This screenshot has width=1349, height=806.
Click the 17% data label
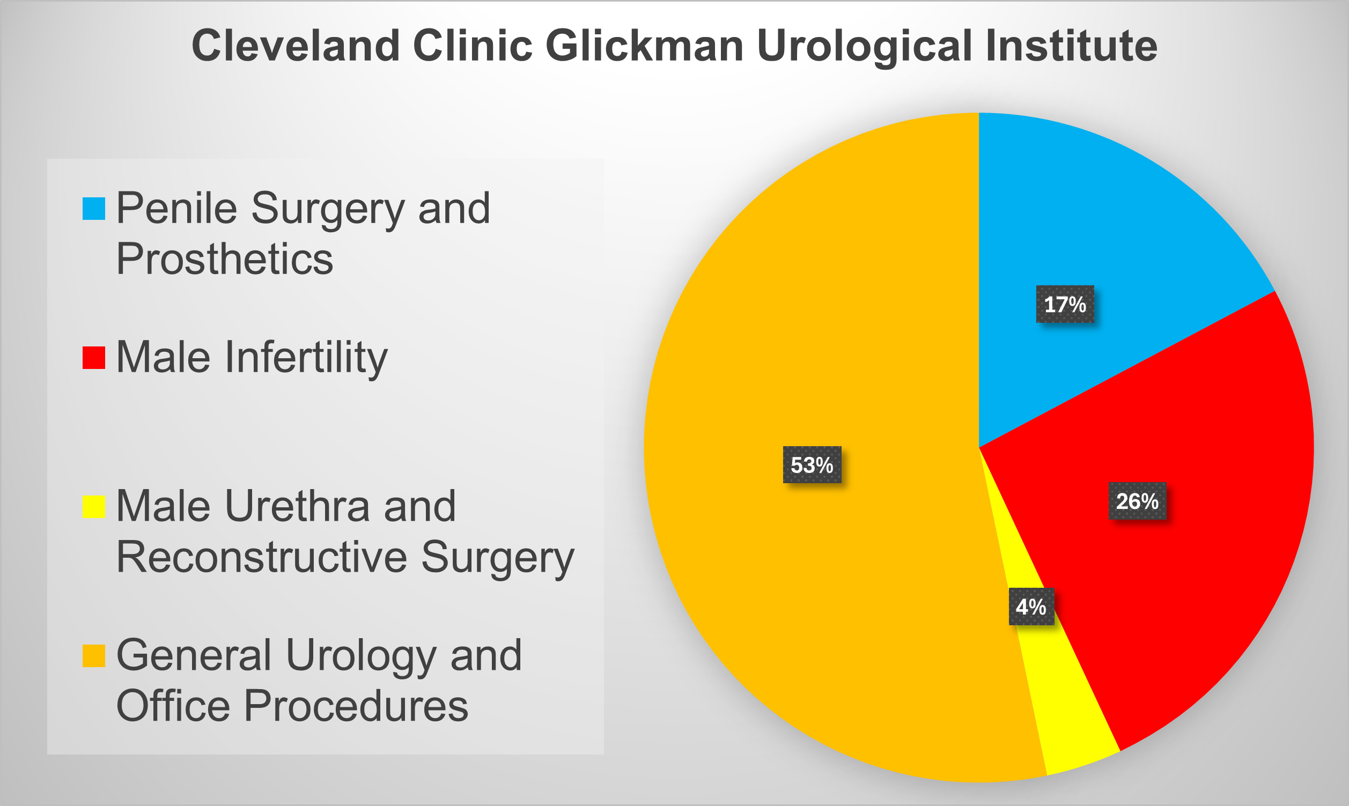tap(1065, 304)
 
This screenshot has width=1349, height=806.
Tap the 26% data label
tap(1137, 501)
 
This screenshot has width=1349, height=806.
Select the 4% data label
tap(1031, 607)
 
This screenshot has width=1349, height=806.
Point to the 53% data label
tap(812, 465)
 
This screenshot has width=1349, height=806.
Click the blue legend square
tap(93, 209)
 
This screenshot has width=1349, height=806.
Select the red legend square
tap(93, 358)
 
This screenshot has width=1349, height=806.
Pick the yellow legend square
tap(93, 506)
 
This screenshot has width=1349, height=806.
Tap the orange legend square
tap(93, 655)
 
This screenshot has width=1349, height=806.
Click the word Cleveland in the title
tap(296, 46)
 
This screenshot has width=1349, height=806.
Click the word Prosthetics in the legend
tap(224, 259)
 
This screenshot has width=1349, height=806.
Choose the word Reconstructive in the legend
tap(261, 557)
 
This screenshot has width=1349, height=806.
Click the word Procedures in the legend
tap(355, 706)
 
